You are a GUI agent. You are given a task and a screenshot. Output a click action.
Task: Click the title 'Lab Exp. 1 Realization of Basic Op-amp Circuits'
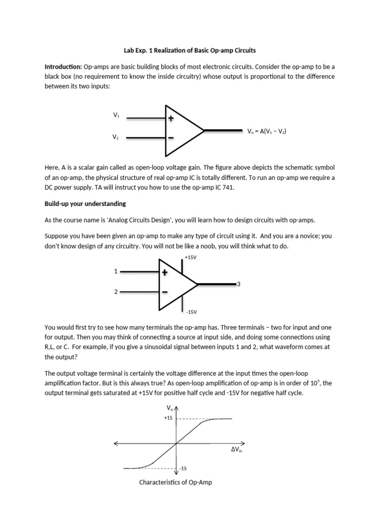[190, 50]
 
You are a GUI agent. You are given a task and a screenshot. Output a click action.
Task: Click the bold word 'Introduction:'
[63, 66]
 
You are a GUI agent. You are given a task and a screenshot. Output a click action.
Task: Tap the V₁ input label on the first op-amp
[116, 115]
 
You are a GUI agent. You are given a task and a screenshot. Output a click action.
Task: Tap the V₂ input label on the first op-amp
[116, 137]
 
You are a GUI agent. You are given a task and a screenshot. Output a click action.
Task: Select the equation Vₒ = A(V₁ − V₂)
[267, 131]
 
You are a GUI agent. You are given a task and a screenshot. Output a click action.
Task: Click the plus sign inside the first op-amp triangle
[171, 119]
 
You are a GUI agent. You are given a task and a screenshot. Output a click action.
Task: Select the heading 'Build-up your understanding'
[85, 204]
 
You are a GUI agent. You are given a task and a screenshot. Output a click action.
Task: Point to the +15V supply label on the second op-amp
[190, 257]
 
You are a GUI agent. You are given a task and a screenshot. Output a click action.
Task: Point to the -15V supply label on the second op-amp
[191, 312]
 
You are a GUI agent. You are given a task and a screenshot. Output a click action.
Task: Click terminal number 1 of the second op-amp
[116, 271]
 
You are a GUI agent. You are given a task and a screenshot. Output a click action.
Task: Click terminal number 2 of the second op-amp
[116, 292]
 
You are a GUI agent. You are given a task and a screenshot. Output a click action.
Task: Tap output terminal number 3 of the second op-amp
[238, 284]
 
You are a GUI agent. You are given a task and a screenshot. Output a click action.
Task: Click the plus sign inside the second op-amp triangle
[165, 272]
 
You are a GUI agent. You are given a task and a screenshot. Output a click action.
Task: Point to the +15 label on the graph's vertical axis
[168, 418]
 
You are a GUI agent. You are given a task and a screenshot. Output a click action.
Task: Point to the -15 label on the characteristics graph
[183, 468]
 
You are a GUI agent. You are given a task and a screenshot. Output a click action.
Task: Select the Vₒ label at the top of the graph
[170, 408]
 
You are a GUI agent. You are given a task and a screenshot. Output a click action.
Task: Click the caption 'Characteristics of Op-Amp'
[176, 482]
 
